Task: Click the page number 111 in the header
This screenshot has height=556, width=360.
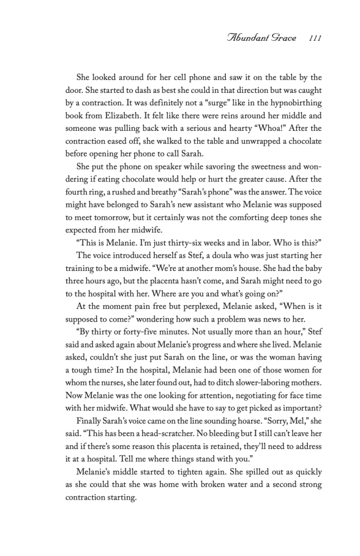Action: point(315,39)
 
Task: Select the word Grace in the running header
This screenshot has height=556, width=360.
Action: point(284,39)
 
